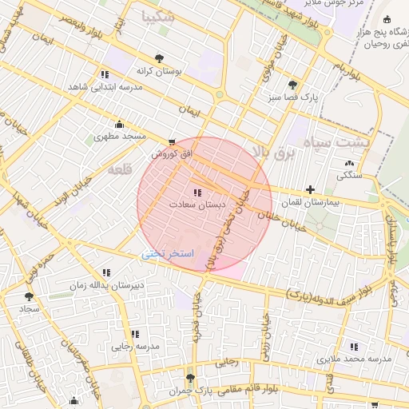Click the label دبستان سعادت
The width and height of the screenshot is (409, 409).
197,205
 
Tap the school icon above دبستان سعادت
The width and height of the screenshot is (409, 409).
197,193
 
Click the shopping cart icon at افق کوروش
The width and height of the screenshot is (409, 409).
172,141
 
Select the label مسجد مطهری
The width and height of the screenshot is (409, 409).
121,137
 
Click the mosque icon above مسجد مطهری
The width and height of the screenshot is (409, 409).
120,124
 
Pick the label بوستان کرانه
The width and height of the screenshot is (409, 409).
159,70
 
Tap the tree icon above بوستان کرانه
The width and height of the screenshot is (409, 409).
159,58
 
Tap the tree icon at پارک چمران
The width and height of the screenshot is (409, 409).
189,379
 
